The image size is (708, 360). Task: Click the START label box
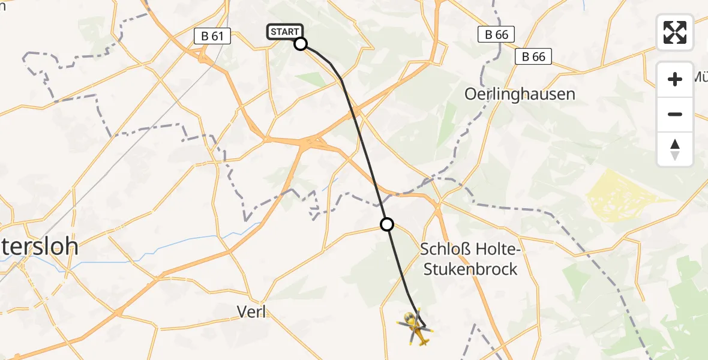[285, 32]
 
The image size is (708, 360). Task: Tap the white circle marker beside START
[301, 43]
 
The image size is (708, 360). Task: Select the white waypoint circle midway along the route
[387, 224]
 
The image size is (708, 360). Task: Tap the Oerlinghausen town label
[520, 94]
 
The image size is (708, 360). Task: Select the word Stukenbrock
[470, 269]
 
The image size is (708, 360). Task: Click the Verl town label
[251, 312]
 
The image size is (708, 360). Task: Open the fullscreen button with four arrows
[675, 32]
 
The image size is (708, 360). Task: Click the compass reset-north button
[675, 149]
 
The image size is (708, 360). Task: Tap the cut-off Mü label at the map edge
[700, 77]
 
